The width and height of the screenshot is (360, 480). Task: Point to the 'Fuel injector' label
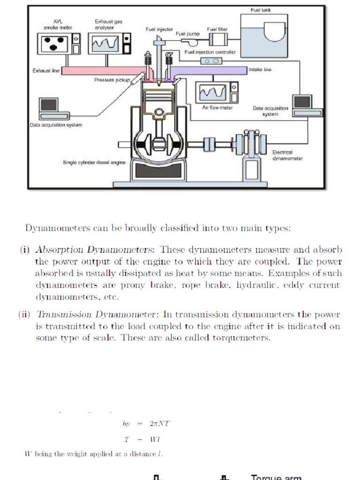159,29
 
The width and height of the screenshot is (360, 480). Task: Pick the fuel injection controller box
210,61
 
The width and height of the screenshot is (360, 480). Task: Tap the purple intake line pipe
211,70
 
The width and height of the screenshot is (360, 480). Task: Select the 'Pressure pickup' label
112,80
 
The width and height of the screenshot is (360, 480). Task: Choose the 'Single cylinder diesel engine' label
94,163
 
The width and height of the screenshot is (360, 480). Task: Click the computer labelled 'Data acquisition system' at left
49,109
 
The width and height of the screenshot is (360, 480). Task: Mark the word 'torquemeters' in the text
247,338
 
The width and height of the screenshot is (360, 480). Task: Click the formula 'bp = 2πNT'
146,423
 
